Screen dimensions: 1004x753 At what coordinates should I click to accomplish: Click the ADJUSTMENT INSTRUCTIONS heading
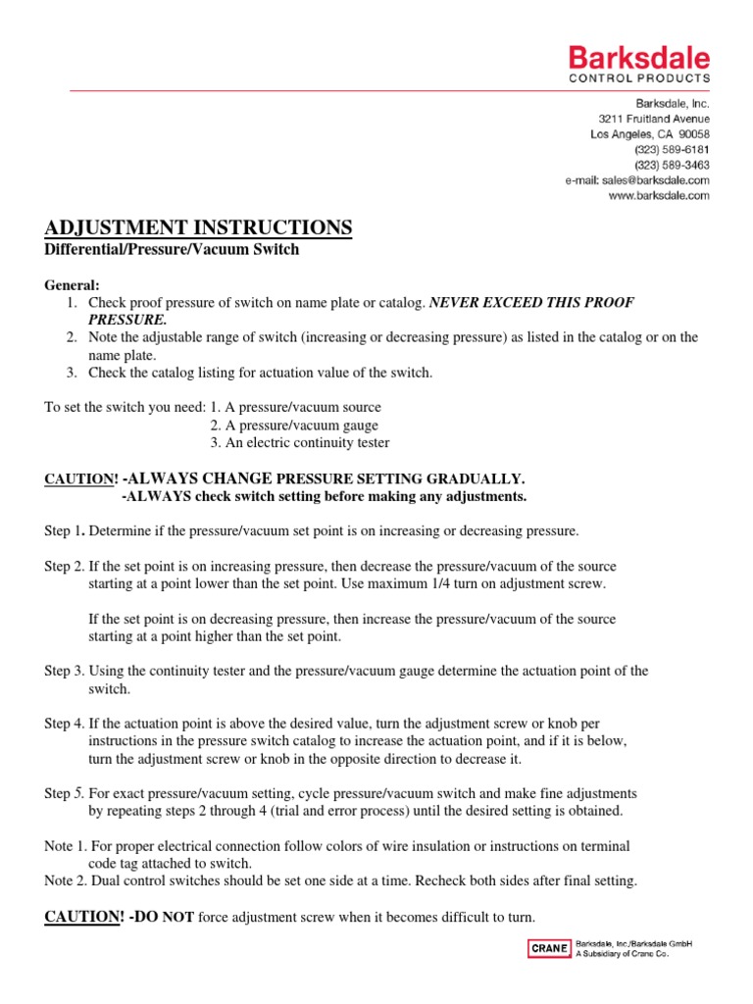pyautogui.click(x=198, y=227)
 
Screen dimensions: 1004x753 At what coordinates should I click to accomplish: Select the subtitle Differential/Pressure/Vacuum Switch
pyautogui.click(x=172, y=249)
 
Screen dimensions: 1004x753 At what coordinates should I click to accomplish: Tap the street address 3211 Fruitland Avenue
pyautogui.click(x=654, y=118)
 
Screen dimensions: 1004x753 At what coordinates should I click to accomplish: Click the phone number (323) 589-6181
pyautogui.click(x=672, y=149)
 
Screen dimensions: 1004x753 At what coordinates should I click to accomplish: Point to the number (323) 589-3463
pyautogui.click(x=672, y=165)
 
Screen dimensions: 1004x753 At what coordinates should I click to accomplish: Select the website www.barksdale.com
pyautogui.click(x=659, y=196)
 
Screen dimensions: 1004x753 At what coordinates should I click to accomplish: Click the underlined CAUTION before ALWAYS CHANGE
pyautogui.click(x=81, y=478)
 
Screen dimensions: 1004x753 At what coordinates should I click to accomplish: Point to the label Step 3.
pyautogui.click(x=65, y=672)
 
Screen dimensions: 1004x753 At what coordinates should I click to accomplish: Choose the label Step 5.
pyautogui.click(x=65, y=792)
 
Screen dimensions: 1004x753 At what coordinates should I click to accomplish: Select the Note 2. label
pyautogui.click(x=67, y=880)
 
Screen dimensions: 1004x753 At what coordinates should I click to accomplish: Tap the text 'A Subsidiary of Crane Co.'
pyautogui.click(x=622, y=953)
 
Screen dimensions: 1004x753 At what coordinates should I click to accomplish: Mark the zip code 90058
pyautogui.click(x=690, y=133)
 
